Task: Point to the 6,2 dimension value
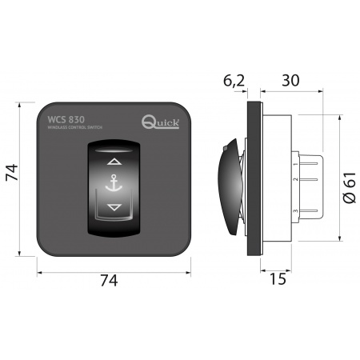point(233,81)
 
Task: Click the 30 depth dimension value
point(290,81)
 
